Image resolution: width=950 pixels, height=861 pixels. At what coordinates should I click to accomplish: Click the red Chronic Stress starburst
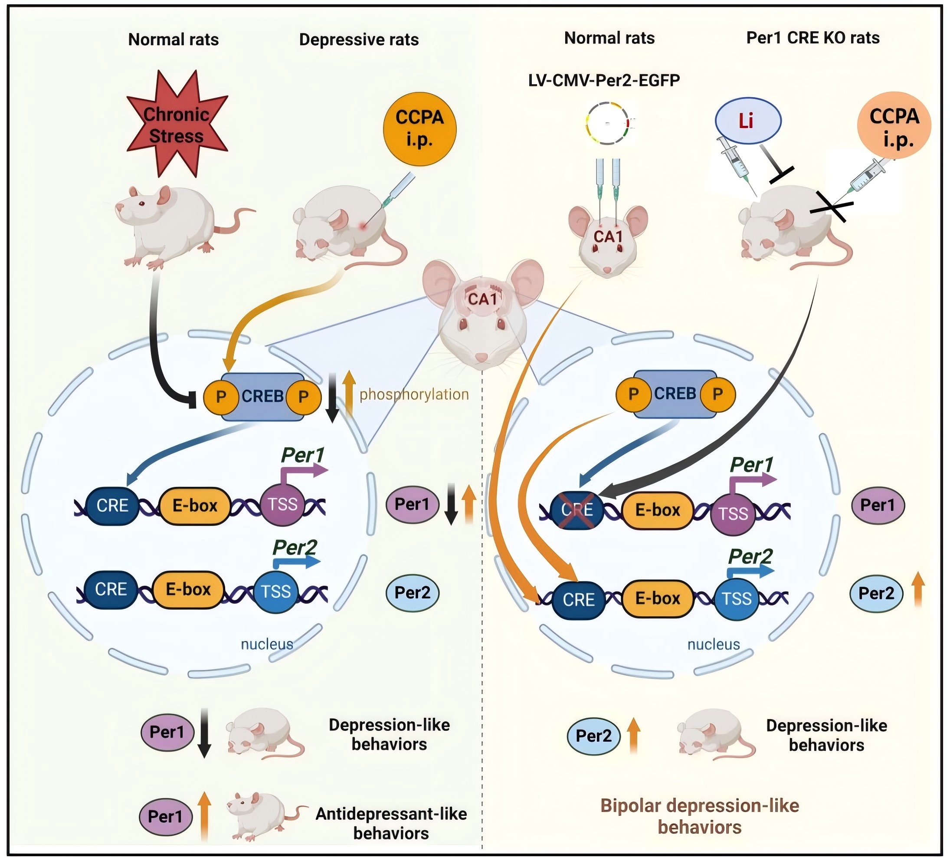176,125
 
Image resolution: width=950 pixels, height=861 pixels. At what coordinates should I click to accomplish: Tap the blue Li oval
748,121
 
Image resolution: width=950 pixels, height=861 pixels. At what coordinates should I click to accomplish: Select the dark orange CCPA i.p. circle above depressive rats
419,129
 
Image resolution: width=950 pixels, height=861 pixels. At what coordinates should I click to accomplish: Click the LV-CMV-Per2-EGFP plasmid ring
607,123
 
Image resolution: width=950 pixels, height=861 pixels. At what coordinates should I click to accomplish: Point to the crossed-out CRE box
577,510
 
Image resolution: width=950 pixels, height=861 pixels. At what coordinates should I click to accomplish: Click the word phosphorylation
414,394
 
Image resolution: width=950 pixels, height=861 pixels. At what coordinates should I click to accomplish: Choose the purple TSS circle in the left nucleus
282,505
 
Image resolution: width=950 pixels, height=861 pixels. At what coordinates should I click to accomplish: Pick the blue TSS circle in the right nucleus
737,599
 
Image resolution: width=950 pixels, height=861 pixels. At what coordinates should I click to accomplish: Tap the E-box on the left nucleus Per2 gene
188,589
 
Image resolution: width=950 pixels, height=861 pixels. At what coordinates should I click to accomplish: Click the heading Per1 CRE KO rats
813,38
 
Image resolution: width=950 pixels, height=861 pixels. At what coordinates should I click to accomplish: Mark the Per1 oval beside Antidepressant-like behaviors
165,817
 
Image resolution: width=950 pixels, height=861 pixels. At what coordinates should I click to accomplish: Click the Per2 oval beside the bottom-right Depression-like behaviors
593,736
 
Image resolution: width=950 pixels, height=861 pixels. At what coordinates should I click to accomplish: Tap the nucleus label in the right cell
714,644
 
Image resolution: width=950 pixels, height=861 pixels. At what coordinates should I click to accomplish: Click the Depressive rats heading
359,39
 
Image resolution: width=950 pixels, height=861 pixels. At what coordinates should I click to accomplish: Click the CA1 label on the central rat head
482,299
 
